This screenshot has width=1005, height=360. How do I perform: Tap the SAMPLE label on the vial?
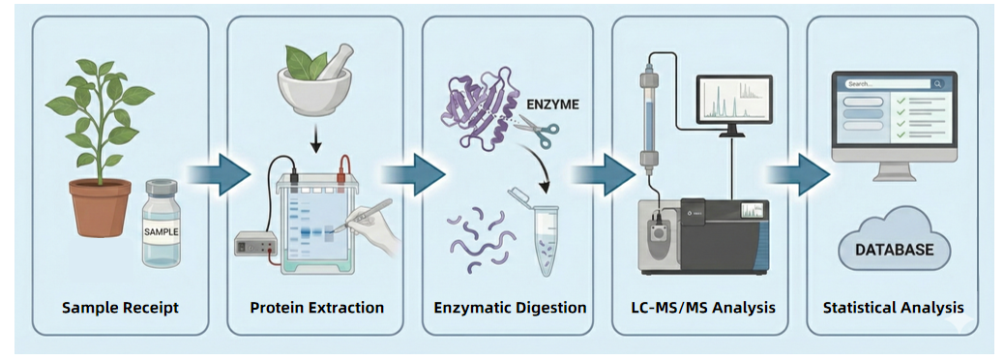162,233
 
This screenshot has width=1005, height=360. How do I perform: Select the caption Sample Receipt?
120,308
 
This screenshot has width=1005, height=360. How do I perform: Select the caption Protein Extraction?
316,308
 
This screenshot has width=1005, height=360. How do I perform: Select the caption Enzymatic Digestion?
510,308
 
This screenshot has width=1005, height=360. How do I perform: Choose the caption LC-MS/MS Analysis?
702,308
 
